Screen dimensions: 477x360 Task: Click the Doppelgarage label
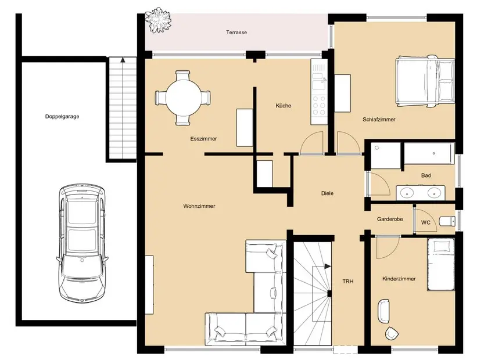coord(62,117)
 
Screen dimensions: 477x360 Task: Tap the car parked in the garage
coord(82,243)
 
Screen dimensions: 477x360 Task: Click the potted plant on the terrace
coord(157,20)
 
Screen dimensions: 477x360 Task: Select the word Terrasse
coord(236,33)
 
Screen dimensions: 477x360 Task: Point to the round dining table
coord(182,98)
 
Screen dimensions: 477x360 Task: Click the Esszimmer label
coord(203,139)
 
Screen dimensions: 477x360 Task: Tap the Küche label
coord(283,106)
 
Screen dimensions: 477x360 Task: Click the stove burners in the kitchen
coord(318,105)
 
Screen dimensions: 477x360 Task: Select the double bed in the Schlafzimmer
coord(425,81)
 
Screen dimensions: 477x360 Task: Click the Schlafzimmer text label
coord(379,120)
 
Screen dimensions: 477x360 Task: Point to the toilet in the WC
coord(447,221)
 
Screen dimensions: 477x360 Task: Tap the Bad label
coord(426,175)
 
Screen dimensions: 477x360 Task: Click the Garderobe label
coord(390,219)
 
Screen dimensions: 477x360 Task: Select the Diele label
coord(327,193)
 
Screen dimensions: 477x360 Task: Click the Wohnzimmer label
coord(199,206)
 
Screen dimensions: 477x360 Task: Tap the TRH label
coord(348,282)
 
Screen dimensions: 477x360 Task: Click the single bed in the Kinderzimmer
coord(441,264)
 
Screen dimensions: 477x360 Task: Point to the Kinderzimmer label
coord(399,279)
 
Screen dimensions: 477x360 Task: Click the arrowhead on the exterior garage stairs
coord(123,60)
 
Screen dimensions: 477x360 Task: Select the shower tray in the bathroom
coord(386,156)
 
